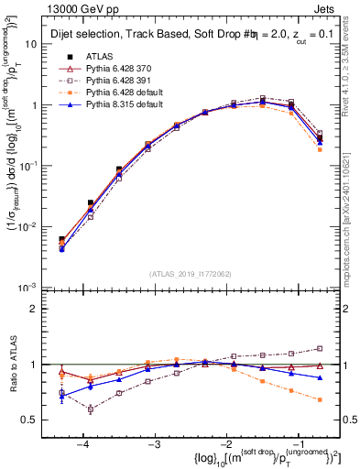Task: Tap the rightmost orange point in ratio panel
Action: tap(319, 400)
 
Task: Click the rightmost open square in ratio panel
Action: tap(319, 348)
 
